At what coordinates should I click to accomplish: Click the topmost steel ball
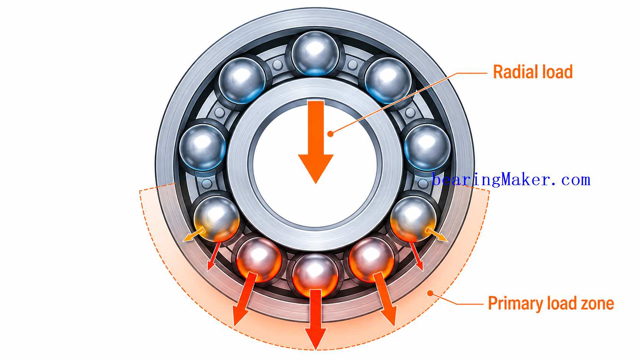point(315,54)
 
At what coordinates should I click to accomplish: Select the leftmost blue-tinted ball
point(202,147)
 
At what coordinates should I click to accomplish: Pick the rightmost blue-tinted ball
point(428,147)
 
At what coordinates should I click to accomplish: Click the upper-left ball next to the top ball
point(243,80)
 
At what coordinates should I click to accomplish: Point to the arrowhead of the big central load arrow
point(316,169)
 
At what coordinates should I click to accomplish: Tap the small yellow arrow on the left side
point(194,235)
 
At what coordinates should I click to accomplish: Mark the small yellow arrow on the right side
point(437,235)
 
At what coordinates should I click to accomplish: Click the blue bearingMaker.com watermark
point(511,180)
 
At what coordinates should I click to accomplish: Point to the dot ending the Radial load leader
point(331,134)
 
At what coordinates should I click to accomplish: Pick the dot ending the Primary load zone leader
point(430,293)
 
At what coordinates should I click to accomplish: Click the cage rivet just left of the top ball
point(277,65)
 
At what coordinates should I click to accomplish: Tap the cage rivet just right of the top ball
point(352,65)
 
